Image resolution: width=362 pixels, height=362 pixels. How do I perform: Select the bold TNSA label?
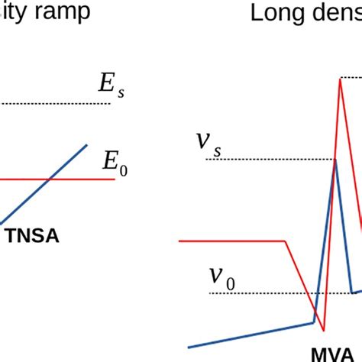[31, 237]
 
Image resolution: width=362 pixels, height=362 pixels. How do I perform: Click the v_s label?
[207, 143]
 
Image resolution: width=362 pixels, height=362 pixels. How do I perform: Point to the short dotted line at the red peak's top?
[351, 77]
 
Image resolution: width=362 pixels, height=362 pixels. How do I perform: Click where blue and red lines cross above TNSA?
[49, 179]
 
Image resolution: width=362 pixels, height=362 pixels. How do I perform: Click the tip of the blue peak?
[335, 160]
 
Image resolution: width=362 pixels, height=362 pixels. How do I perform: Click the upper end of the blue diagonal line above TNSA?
[87, 144]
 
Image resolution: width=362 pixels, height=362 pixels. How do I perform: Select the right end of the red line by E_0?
[116, 179]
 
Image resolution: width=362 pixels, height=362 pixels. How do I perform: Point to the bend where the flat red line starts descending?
[284, 241]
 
